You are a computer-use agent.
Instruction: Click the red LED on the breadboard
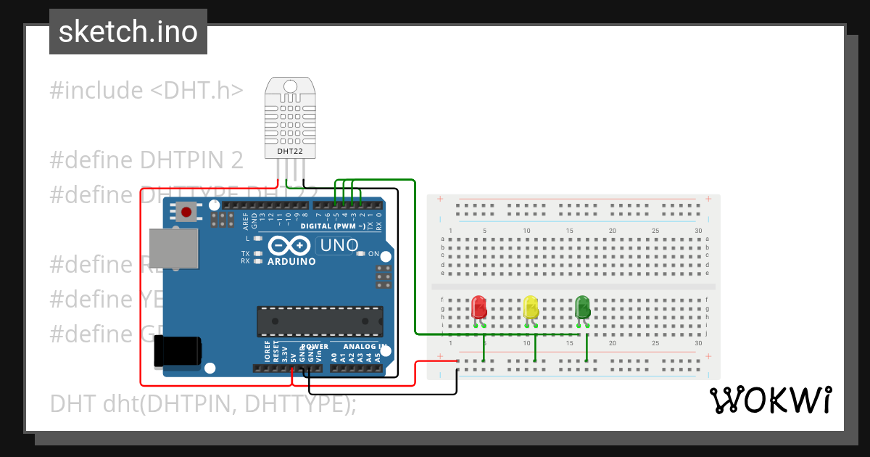pos(478,307)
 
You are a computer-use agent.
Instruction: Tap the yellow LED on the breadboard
pos(530,307)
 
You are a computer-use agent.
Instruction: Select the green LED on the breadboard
pos(582,307)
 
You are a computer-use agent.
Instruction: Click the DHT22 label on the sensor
pos(290,152)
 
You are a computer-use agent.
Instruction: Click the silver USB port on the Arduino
pos(173,250)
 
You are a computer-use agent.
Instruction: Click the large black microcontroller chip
pos(320,321)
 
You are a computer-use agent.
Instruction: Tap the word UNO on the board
pos(339,245)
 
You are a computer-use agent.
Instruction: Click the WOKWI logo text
pos(771,400)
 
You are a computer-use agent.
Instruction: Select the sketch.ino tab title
pos(128,32)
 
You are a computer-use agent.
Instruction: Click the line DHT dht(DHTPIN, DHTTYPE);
pos(203,403)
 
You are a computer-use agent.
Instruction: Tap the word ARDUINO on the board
pos(291,261)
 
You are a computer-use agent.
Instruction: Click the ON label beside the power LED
pos(374,254)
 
